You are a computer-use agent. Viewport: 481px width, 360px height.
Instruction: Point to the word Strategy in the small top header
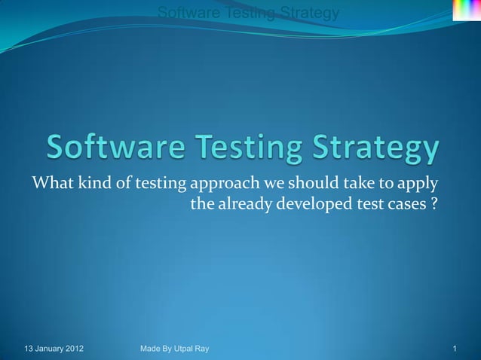pyautogui.click(x=309, y=13)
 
